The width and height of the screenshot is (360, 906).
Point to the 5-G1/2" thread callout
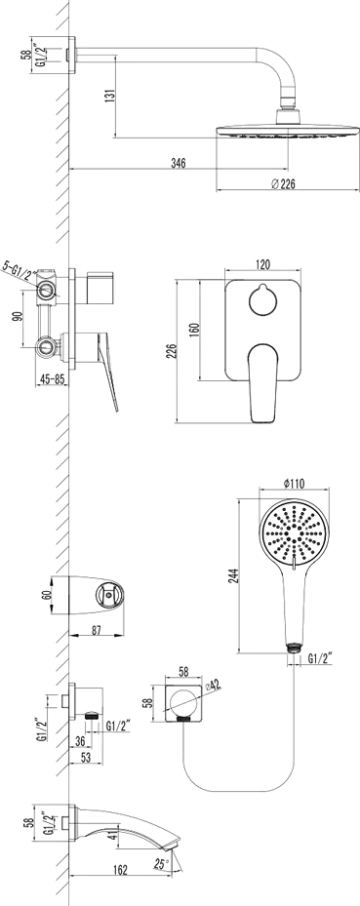[x=20, y=266]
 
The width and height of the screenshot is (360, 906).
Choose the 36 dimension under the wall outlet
[x=80, y=741]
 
